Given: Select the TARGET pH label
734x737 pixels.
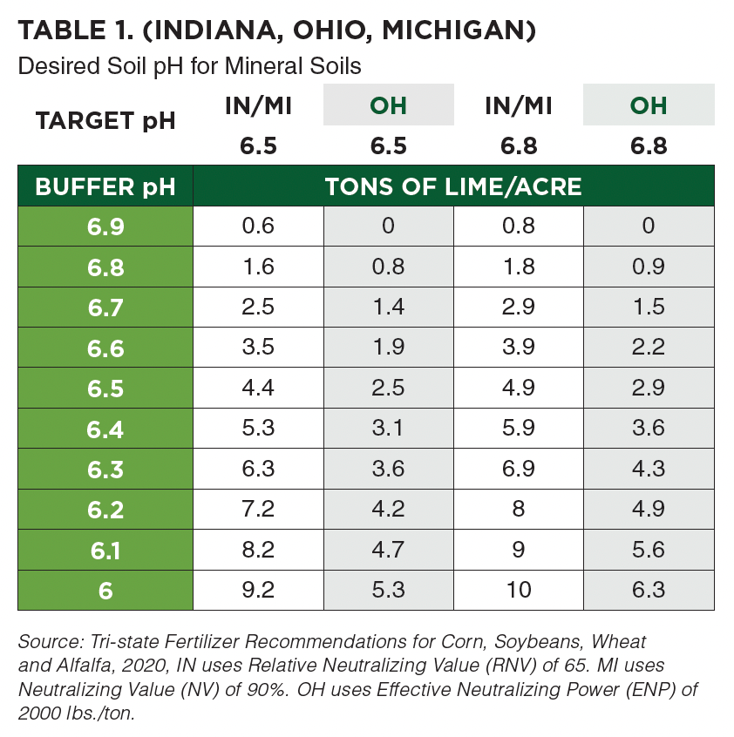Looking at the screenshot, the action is click(x=105, y=120).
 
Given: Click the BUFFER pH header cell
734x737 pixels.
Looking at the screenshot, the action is click(x=105, y=186).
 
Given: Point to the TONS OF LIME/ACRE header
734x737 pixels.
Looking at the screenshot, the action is click(x=453, y=186).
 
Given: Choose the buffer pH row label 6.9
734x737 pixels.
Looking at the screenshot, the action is click(x=105, y=227).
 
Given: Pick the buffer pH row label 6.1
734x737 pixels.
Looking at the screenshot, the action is click(x=105, y=550).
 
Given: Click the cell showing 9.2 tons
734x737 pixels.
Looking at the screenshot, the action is click(x=258, y=590).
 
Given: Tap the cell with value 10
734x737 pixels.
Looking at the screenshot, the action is click(x=519, y=590).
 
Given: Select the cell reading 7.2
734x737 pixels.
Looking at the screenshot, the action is click(x=258, y=509).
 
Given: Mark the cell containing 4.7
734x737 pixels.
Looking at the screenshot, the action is click(x=389, y=549).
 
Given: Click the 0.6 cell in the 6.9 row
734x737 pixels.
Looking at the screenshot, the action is click(x=258, y=226).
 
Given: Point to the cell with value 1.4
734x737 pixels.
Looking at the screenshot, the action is click(x=389, y=307).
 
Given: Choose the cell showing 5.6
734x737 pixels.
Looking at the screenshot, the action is click(x=649, y=549).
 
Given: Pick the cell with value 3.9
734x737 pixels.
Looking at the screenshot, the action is click(x=519, y=347).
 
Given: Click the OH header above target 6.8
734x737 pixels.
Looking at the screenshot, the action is click(x=649, y=105).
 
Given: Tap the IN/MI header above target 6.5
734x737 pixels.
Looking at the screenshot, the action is click(x=258, y=105).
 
